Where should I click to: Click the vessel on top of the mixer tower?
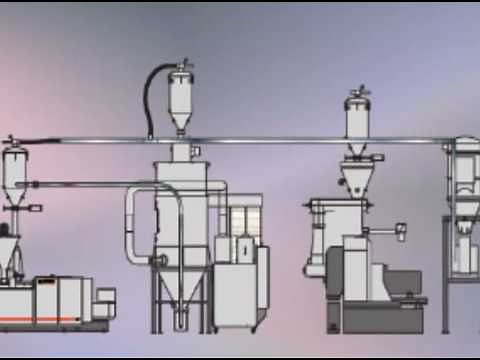tap(357, 118)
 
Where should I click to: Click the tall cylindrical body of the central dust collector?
tap(184, 215)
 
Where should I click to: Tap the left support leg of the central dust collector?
tap(155, 300)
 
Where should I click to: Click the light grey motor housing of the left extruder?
tap(100, 300)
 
